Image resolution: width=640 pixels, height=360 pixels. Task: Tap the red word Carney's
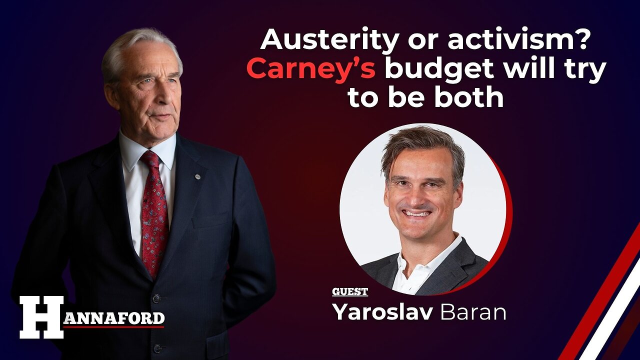coord(310,69)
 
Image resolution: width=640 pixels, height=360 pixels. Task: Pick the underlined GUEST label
coord(349,292)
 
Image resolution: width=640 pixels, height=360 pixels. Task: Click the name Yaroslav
coord(382,312)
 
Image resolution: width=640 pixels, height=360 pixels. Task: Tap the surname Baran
coord(472,312)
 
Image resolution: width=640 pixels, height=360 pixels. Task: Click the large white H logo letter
coord(41,317)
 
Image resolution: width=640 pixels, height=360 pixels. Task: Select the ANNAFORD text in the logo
coord(113,318)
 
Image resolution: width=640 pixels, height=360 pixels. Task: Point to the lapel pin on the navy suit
coord(197,176)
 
